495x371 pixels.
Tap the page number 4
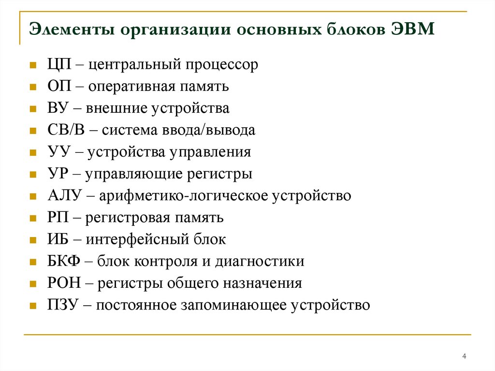[x=464, y=356]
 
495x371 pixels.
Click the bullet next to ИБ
[x=32, y=240]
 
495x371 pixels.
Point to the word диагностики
[x=263, y=262]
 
